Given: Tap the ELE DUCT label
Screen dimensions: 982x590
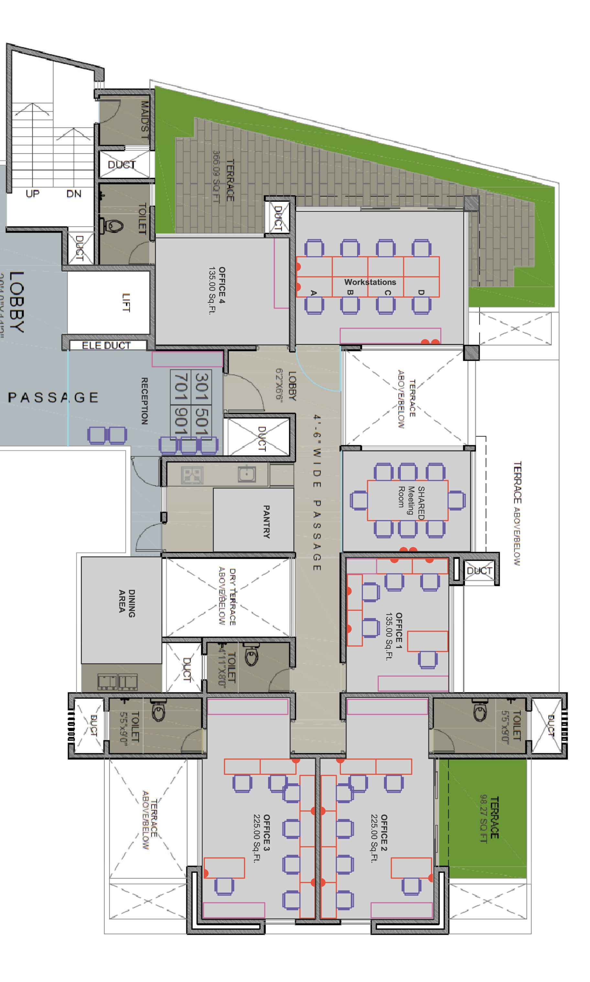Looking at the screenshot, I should pos(106,346).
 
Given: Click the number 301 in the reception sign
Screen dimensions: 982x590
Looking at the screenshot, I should pos(201,386).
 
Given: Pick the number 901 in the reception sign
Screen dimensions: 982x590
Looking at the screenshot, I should pos(180,421).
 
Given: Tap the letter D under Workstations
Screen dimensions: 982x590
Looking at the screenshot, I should pos(421,292).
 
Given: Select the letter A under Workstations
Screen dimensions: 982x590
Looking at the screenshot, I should pos(313,292).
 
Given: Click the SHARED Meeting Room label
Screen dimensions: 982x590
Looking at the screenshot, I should pos(411,502).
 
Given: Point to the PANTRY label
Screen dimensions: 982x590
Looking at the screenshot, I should pos(266,522).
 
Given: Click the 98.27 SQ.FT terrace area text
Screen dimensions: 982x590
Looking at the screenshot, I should pos(484,818).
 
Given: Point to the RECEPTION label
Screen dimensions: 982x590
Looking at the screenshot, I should pos(145,401).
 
